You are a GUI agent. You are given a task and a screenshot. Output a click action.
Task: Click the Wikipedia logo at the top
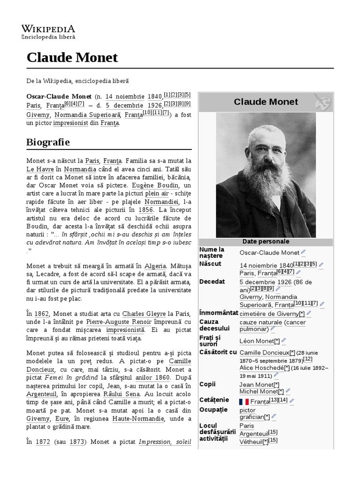tap(48, 30)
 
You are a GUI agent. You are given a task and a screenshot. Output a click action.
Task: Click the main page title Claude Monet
tap(72, 57)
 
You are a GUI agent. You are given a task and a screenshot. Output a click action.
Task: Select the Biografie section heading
tap(48, 142)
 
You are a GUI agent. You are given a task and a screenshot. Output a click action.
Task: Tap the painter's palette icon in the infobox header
tap(322, 102)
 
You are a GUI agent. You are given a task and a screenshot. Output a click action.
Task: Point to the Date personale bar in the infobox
tap(266, 242)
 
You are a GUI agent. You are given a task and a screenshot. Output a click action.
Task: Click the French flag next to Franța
tap(244, 402)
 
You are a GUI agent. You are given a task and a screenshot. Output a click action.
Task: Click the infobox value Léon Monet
tap(256, 341)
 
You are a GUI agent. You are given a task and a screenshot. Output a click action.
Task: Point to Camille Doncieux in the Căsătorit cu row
tap(264, 352)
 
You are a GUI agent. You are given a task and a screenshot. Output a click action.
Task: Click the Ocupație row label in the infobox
tap(213, 410)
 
